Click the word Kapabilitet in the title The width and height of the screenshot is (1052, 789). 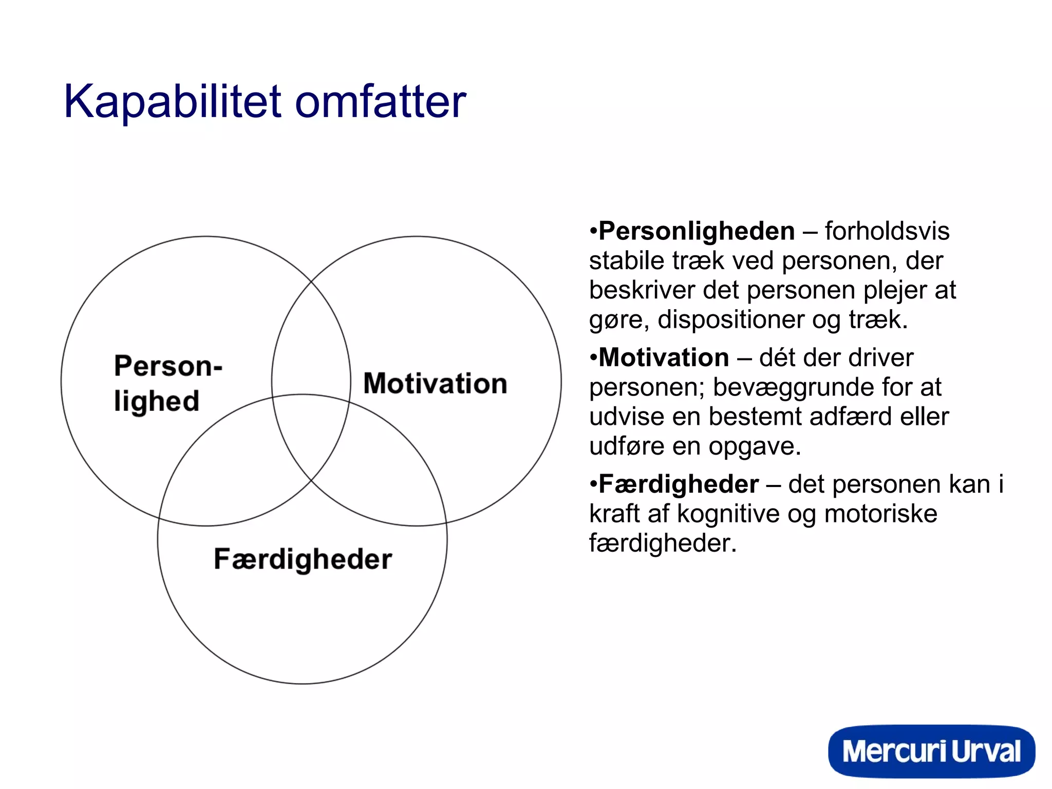click(173, 102)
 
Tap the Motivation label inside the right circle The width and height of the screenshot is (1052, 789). click(435, 384)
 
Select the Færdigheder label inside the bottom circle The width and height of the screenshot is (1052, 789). click(303, 559)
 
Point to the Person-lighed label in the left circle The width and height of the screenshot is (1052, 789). click(167, 383)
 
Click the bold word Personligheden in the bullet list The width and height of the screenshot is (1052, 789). click(697, 231)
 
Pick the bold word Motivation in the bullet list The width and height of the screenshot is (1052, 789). click(664, 358)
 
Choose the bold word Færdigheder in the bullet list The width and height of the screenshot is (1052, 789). click(679, 484)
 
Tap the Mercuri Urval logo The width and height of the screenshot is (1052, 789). click(931, 752)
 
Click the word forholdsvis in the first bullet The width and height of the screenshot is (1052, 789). click(887, 231)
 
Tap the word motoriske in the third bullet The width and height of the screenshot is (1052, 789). click(880, 514)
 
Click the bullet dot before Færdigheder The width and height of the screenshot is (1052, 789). click(593, 484)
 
